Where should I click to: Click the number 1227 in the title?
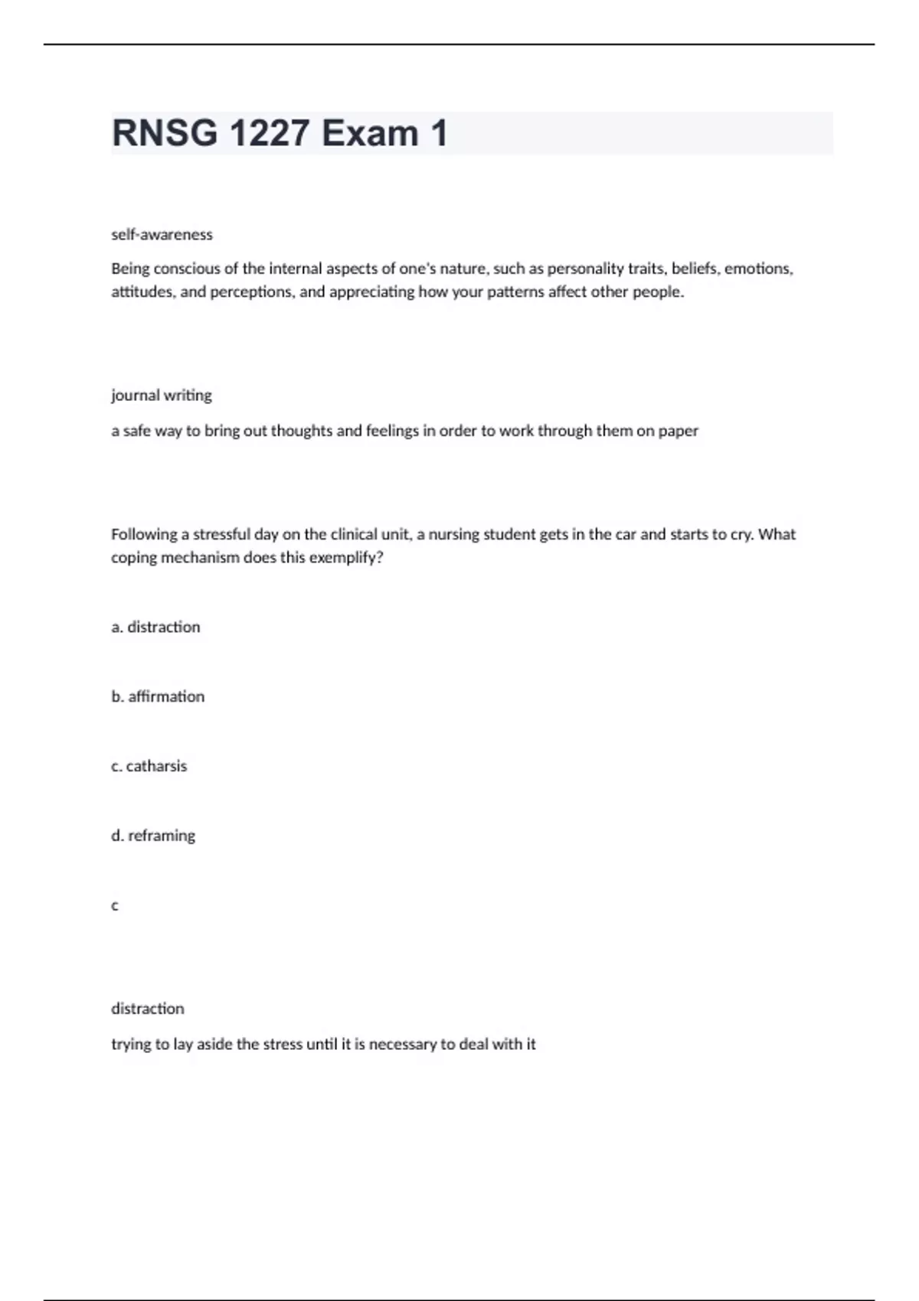pyautogui.click(x=269, y=133)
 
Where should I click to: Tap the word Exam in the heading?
pyautogui.click(x=370, y=133)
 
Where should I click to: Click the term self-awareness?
pyautogui.click(x=162, y=235)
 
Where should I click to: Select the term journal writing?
pyautogui.click(x=162, y=396)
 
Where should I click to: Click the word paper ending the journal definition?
pyautogui.click(x=678, y=431)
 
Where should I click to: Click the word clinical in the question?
pyautogui.click(x=355, y=534)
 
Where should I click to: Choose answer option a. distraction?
pyautogui.click(x=155, y=627)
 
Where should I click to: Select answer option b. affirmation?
pyautogui.click(x=158, y=696)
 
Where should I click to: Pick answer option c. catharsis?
pyautogui.click(x=149, y=766)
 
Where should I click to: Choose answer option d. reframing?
pyautogui.click(x=153, y=836)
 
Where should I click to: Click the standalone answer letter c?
pyautogui.click(x=115, y=906)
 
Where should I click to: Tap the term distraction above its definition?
pyautogui.click(x=148, y=1009)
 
